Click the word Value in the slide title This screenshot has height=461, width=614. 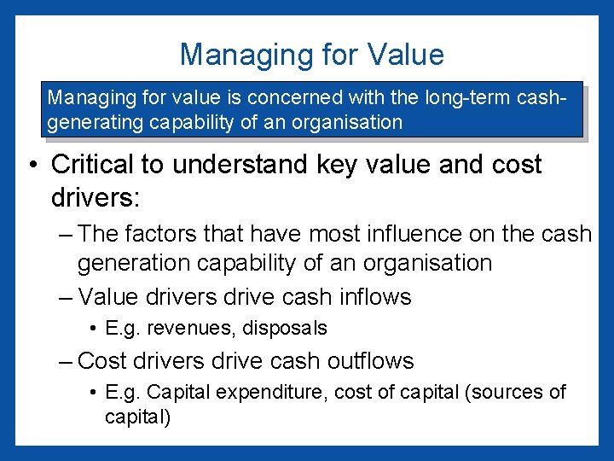click(406, 55)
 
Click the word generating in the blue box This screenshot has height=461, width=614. click(92, 121)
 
